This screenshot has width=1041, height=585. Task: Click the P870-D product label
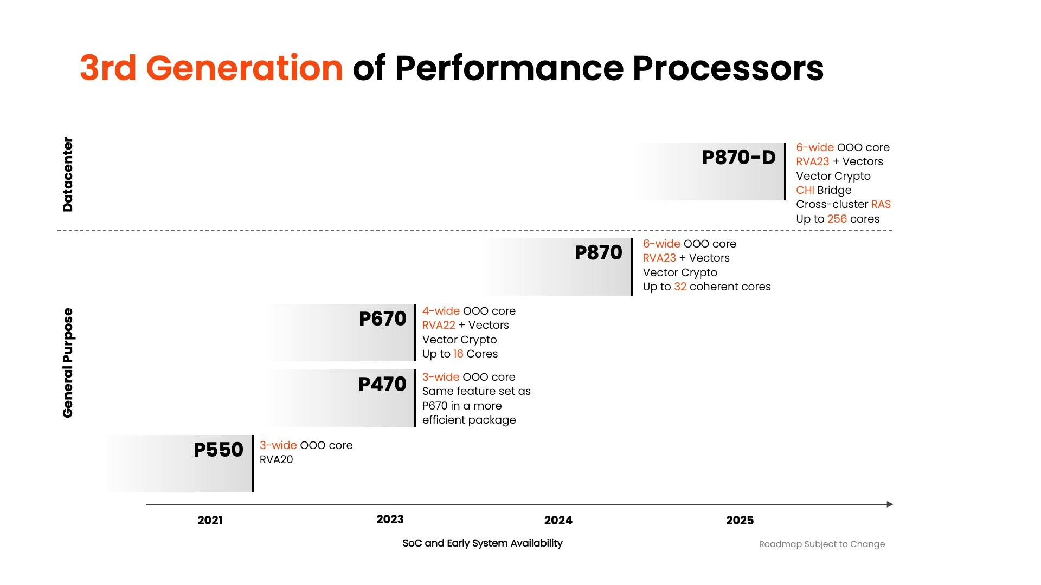[x=738, y=158]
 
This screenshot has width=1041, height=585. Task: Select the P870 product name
[x=598, y=253]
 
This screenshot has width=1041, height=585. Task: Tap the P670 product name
[x=382, y=318]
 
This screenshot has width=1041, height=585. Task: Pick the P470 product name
[x=382, y=385]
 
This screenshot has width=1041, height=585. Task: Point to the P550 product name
[x=218, y=450]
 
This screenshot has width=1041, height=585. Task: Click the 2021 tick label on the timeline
[x=210, y=521]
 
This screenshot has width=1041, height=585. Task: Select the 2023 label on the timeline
[x=390, y=519]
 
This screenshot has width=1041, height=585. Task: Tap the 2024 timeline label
[x=558, y=521]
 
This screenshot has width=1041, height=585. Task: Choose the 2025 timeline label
[x=740, y=521]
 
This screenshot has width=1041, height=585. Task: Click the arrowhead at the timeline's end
[x=889, y=504]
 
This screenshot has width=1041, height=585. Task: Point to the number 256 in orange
[x=837, y=219]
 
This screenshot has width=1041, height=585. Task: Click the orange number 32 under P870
[x=680, y=287]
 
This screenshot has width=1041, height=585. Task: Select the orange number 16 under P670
[x=458, y=354]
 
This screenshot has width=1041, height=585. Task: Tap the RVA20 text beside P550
[x=276, y=460]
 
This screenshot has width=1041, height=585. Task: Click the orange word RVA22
[x=439, y=326]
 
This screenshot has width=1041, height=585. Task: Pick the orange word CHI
[x=805, y=191]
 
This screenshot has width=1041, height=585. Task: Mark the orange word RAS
[x=881, y=205]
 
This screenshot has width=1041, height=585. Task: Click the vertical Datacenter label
[x=68, y=174]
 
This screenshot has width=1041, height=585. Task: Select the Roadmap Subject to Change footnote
[x=821, y=544]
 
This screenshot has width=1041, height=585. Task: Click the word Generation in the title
[x=244, y=68]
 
